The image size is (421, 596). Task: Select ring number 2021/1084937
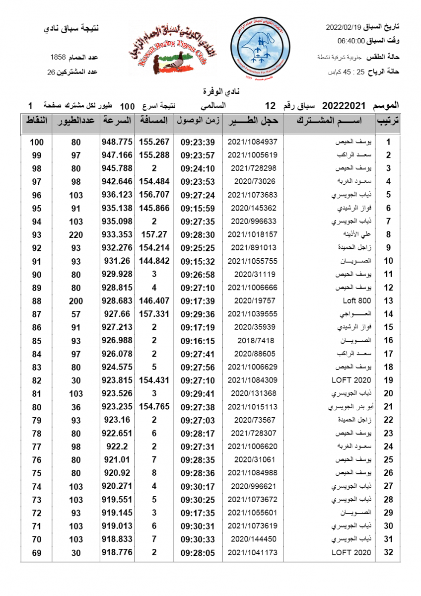point(253,142)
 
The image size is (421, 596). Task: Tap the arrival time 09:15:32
point(198,261)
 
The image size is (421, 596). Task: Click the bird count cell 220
point(75,234)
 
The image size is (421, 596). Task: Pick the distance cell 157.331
point(154,314)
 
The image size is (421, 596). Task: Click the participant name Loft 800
point(357,300)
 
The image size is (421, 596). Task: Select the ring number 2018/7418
point(253,340)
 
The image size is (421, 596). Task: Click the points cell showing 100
point(37,142)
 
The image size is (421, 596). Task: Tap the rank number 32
point(389,552)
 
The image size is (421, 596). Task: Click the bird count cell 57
point(75,314)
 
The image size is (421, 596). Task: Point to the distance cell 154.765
point(154,406)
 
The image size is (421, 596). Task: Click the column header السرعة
point(117,121)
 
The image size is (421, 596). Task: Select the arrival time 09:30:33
point(198,539)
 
